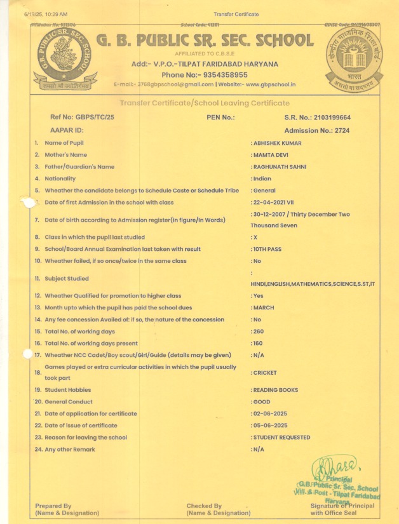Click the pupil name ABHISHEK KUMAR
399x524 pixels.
[x=277, y=144]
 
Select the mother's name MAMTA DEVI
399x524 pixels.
[x=271, y=155]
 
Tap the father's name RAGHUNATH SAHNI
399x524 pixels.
[x=280, y=167]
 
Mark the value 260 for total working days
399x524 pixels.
[x=258, y=332]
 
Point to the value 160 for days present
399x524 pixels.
[x=258, y=344]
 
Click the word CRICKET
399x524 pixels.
[x=265, y=373]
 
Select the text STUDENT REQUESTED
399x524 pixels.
[x=281, y=438]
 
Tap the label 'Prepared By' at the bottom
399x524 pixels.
[x=53, y=506]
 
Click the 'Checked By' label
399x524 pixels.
[x=204, y=506]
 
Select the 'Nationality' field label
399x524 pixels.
[x=60, y=179]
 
